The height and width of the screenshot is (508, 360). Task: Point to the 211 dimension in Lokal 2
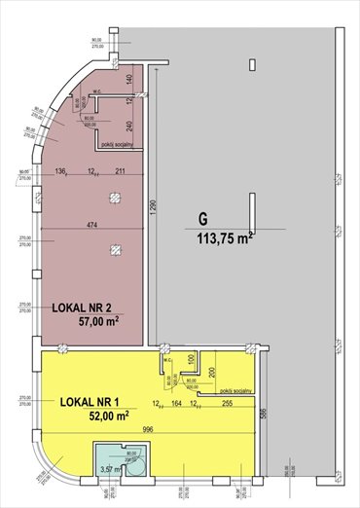pos(120,173)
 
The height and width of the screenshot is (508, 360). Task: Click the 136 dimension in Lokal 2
pos(61,173)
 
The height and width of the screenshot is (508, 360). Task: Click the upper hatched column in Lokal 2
pos(116,198)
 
